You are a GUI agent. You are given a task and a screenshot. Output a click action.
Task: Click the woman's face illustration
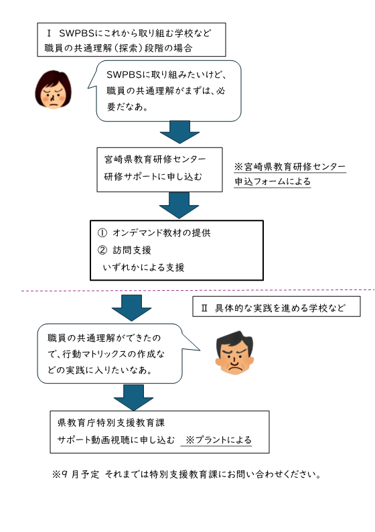(53, 90)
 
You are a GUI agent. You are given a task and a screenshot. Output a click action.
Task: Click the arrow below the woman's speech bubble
(179, 132)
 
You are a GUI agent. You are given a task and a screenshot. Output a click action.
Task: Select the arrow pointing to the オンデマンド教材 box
(179, 206)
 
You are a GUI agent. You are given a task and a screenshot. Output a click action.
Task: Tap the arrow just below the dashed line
(131, 308)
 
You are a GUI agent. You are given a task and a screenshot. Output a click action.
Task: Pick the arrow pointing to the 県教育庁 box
(133, 397)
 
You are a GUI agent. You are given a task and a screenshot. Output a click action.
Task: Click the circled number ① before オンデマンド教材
(102, 232)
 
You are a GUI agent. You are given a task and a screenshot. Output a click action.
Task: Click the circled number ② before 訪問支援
(102, 250)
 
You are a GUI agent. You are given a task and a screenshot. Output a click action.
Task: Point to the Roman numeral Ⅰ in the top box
(49, 34)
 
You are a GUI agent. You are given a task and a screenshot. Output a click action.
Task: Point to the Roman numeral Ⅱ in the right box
(204, 308)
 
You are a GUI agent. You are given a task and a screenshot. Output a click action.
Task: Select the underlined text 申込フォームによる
(273, 182)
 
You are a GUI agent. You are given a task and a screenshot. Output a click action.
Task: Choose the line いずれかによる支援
(144, 267)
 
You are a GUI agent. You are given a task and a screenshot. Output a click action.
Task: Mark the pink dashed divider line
(198, 290)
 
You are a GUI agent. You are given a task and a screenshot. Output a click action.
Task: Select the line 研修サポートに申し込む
(153, 176)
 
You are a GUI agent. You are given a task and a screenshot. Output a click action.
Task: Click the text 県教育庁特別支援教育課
(111, 423)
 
